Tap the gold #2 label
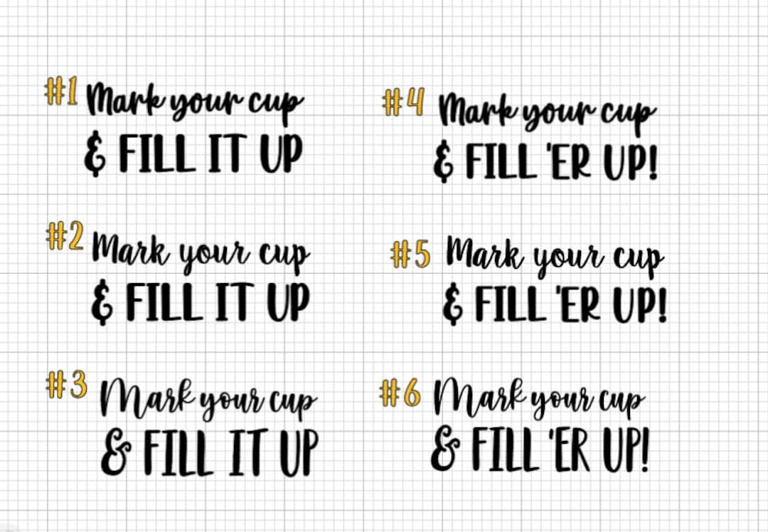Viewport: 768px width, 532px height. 65,237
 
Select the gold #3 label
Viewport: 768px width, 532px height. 66,385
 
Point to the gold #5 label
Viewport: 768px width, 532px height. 411,254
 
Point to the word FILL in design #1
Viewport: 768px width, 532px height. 156,154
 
